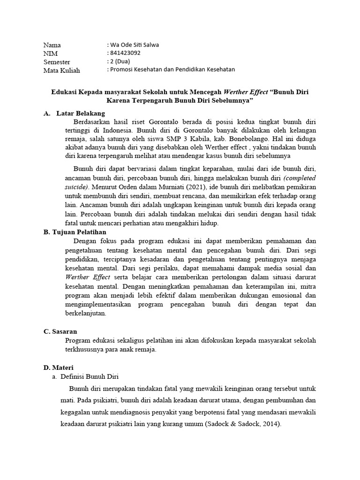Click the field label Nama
[52, 45]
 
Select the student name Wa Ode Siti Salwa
[134, 45]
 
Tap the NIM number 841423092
[125, 53]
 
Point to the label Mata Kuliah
[62, 70]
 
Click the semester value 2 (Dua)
[120, 61]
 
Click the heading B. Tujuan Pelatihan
[75, 232]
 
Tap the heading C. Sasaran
[60, 331]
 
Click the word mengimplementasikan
[100, 305]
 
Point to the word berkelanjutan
[86, 314]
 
